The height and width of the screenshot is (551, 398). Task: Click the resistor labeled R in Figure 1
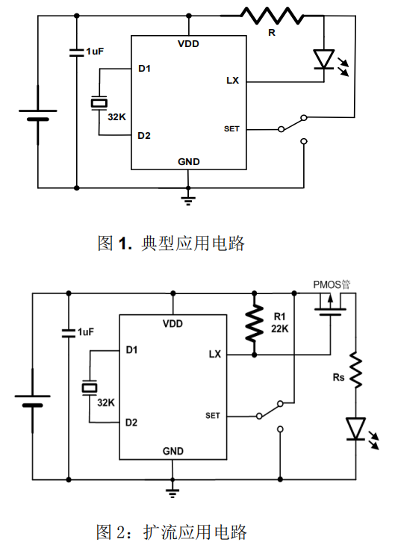pos(271,16)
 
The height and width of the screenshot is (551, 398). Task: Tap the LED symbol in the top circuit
pos(324,60)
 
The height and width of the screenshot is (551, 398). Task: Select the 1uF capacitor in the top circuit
pos(77,52)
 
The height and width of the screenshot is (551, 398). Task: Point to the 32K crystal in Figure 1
pos(99,103)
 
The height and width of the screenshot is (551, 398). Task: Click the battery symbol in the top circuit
pos(38,115)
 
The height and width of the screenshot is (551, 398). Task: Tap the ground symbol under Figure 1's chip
pos(188,201)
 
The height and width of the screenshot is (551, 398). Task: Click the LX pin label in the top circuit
pos(232,81)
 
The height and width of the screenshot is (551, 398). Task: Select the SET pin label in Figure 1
pos(231,129)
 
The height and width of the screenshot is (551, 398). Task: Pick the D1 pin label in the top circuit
pos(145,69)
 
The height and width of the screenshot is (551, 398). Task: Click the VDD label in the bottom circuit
pos(172,323)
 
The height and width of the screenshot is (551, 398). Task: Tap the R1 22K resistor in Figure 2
pos(254,323)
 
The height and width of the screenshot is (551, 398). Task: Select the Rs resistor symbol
pos(355,370)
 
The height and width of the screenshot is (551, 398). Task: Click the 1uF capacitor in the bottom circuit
pos(69,333)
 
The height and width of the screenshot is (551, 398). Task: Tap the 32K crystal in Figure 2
pos(90,388)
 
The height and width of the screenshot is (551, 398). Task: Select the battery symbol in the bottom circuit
pos(32,401)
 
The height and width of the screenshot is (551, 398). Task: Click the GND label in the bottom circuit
pos(173,451)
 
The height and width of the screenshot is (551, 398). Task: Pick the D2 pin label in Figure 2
pos(131,423)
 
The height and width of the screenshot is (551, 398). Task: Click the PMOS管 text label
pos(332,284)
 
